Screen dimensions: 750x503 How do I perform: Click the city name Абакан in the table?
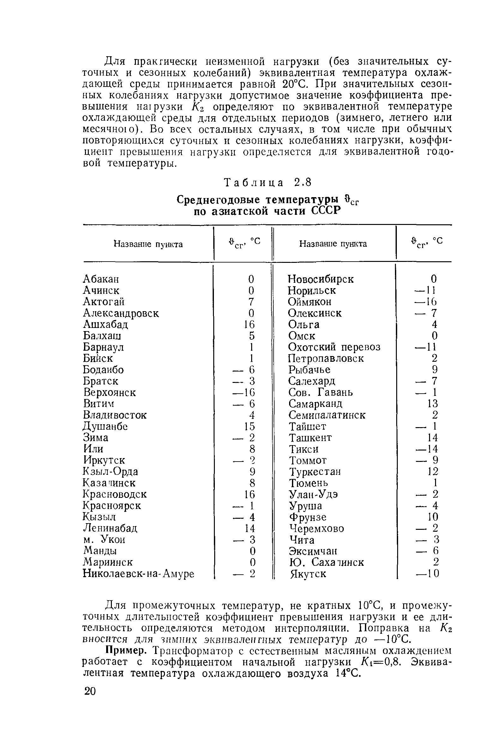(101, 279)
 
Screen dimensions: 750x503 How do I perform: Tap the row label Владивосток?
(114, 415)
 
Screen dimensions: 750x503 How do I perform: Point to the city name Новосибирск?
(320, 279)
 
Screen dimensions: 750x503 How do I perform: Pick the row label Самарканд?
(315, 403)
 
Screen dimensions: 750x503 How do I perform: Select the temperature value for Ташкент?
(433, 438)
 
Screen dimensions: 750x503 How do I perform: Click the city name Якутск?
(308, 574)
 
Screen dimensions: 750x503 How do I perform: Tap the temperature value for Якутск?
(427, 574)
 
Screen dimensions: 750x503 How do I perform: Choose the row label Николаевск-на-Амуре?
(139, 574)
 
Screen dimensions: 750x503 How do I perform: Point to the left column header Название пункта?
(148, 244)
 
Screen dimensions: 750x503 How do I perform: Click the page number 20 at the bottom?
(90, 691)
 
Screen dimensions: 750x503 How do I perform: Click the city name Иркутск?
(104, 460)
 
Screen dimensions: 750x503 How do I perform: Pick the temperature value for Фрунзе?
(433, 517)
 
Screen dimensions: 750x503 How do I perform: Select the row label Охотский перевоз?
(334, 347)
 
